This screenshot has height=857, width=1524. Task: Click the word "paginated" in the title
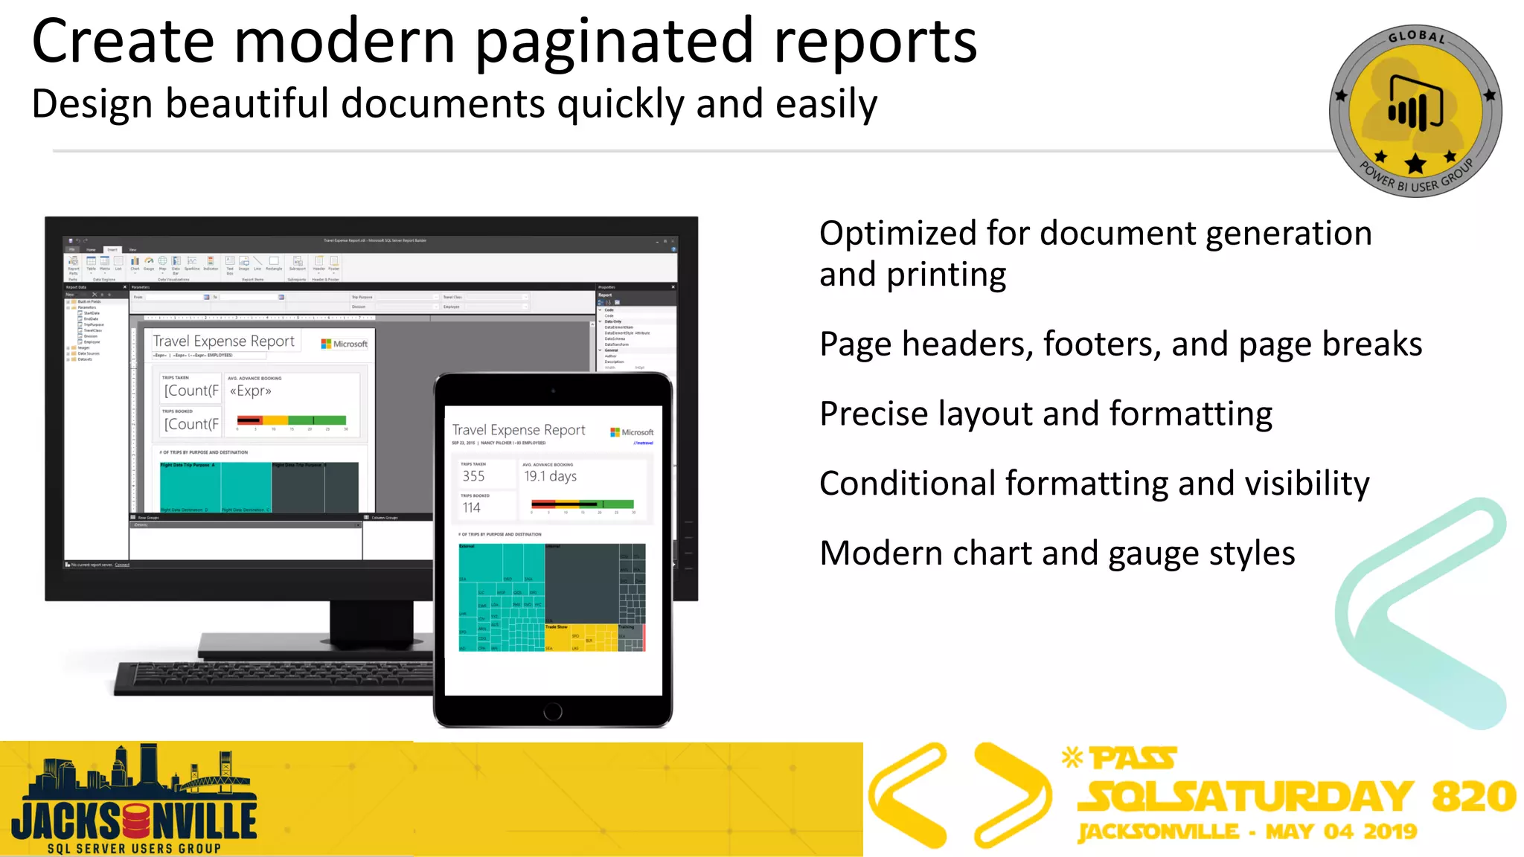point(614,43)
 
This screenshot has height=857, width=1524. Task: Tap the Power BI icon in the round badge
point(1415,104)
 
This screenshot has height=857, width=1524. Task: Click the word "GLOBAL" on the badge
point(1416,36)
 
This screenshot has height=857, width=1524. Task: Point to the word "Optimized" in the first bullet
point(897,234)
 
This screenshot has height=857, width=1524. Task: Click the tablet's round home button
point(553,712)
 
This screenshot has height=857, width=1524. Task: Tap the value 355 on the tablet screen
point(473,476)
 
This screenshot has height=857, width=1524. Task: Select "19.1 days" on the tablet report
point(550,476)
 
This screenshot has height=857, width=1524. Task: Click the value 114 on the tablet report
point(471,508)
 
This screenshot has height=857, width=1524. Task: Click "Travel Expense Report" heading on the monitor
point(223,341)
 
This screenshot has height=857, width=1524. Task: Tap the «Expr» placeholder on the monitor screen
point(250,391)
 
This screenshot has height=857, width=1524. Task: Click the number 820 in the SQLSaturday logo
point(1473,796)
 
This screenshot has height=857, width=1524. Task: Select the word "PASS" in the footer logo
point(1133,759)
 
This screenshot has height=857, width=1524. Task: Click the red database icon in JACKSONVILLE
point(136,821)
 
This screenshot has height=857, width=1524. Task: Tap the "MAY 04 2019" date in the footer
point(1341,832)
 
